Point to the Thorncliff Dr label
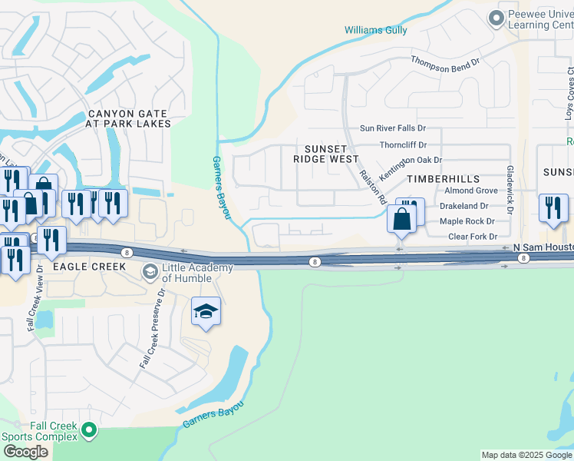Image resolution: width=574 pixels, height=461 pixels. click(x=403, y=144)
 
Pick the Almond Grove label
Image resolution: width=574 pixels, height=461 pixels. click(x=471, y=190)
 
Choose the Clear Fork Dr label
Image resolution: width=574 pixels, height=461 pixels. click(x=472, y=237)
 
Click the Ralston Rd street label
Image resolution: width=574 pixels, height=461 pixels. click(x=371, y=187)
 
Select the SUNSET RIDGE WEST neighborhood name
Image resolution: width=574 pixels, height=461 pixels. click(x=325, y=154)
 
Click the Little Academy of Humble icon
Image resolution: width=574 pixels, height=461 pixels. click(x=150, y=272)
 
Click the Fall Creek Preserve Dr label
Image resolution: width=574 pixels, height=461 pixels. click(x=153, y=328)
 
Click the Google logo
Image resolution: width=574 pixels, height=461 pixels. click(x=25, y=452)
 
